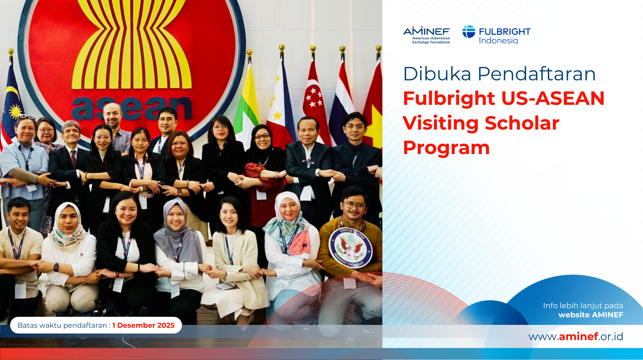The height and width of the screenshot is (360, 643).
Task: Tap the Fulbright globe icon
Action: click(469, 32)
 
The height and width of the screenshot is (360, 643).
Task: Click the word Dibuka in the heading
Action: click(437, 74)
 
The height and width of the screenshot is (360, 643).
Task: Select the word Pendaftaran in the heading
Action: click(537, 74)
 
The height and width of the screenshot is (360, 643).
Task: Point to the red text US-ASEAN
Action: click(553, 98)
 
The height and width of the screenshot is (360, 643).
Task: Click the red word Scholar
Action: click(522, 123)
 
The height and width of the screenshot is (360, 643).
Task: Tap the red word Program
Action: click(446, 148)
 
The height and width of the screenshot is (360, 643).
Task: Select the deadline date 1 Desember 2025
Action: click(143, 325)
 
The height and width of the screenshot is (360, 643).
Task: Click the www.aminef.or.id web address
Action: click(576, 336)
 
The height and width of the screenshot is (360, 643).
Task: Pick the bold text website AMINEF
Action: click(591, 315)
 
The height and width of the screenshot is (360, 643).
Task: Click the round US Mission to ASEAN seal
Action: click(350, 248)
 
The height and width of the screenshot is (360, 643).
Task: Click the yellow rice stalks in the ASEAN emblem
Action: click(132, 43)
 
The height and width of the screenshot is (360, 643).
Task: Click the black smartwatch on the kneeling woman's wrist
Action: click(56, 267)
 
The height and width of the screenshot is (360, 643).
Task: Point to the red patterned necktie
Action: click(74, 158)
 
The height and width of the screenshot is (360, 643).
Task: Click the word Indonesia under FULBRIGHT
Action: click(498, 41)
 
